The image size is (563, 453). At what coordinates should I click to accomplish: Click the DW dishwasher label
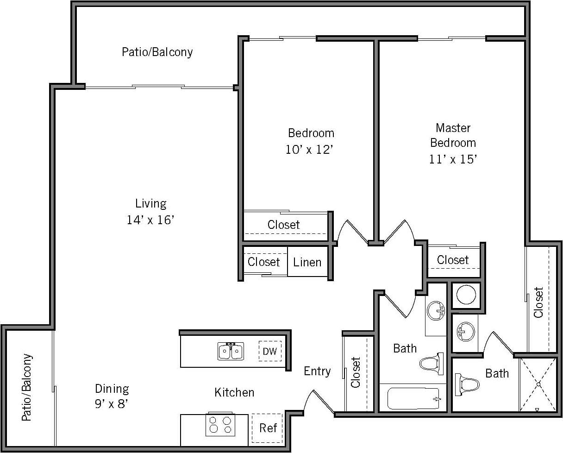pos(269,351)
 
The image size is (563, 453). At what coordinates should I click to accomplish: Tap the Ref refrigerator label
pos(268,428)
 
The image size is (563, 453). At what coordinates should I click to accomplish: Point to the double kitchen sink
pos(231,352)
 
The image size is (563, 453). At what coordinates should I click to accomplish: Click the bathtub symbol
pos(413,398)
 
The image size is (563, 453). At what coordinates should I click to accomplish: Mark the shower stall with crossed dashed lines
pos(538,384)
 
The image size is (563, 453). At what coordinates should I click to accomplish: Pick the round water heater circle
pos(466,295)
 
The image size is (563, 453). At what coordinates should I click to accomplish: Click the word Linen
pos(307,262)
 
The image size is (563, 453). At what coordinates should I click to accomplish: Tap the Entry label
pos(317,371)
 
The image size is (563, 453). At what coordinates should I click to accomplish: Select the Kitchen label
pos(234,392)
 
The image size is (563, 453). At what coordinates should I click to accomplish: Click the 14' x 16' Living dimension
pos(150,220)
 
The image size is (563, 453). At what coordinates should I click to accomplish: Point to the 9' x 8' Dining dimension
pos(112,403)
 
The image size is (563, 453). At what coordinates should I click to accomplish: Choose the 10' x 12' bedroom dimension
pos(311,150)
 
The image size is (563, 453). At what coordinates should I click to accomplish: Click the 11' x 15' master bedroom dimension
pos(453,159)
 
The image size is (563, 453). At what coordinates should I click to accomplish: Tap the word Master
pos(453,127)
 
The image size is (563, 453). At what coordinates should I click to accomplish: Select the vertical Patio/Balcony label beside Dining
pos(27,388)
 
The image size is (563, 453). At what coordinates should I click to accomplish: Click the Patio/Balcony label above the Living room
pos(157,51)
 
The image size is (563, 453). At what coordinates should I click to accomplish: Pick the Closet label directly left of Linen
pos(263,262)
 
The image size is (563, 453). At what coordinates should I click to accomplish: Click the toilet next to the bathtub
pos(432,363)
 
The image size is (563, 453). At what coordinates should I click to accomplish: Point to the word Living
pos(150,203)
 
